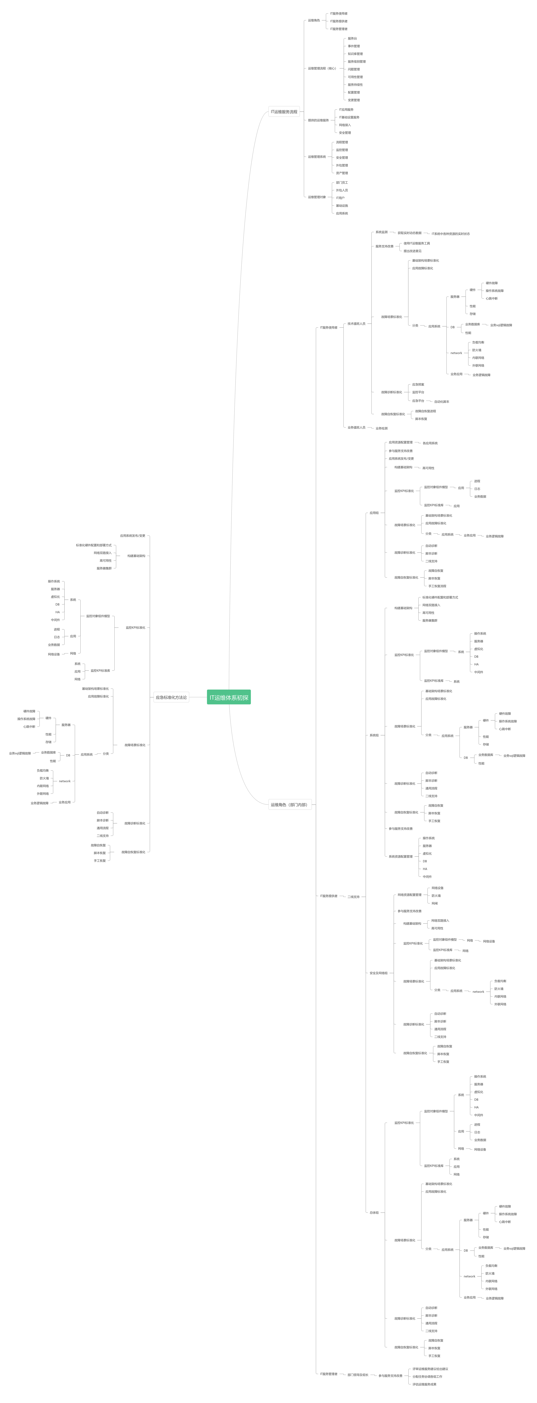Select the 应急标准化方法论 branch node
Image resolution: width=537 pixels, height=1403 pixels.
[x=171, y=697]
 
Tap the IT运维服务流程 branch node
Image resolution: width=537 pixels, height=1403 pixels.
[x=284, y=112]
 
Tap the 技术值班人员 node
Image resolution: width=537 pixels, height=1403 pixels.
[x=356, y=324]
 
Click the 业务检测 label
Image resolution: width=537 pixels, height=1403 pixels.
[x=381, y=428]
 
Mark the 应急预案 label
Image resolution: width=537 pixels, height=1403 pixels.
[x=418, y=385]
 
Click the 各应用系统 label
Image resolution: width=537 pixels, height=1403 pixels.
[x=430, y=443]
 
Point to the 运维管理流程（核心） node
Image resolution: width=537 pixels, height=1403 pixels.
[x=321, y=69]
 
